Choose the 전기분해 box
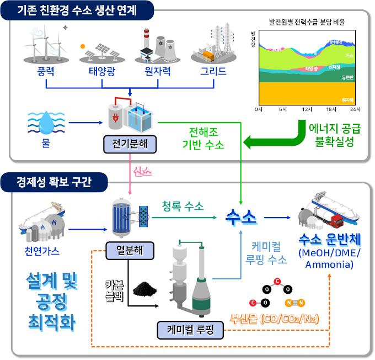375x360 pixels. tap(130, 145)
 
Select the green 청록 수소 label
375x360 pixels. tap(183, 207)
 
